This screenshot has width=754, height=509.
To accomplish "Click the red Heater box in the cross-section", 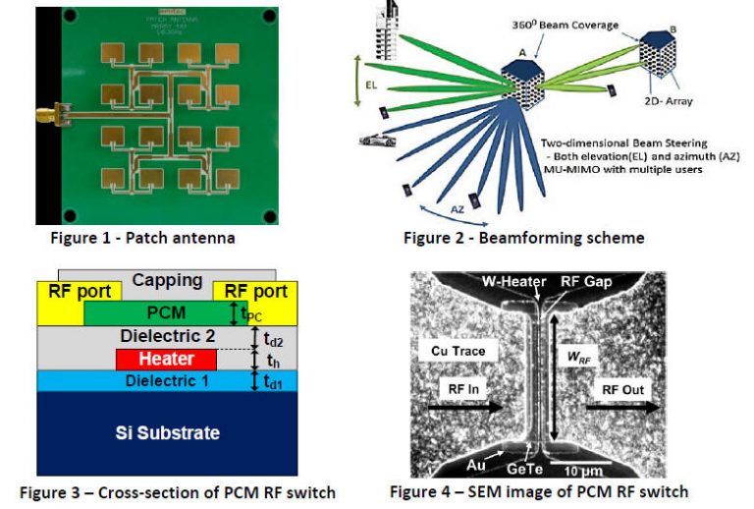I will click(159, 360).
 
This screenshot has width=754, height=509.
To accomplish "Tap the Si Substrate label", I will click(166, 432).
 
